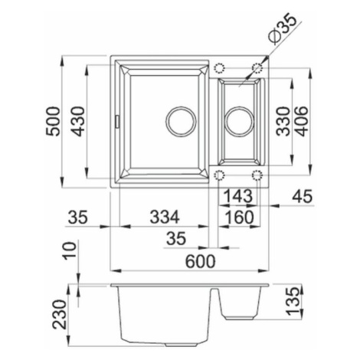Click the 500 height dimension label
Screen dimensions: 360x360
[53, 121]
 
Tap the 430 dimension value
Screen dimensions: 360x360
[77, 121]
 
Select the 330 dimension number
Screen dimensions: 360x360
[283, 121]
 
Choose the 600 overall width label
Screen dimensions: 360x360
[201, 262]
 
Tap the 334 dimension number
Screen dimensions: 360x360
[165, 217]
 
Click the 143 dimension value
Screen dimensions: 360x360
[238, 196]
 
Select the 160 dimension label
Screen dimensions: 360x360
[239, 217]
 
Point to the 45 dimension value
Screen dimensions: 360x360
[303, 196]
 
